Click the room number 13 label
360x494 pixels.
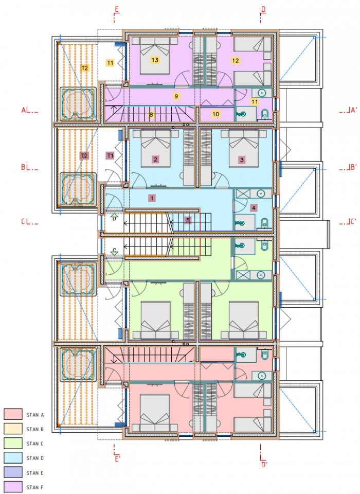[x=154, y=60]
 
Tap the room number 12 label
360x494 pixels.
[x=236, y=60]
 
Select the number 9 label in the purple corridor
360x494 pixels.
[x=176, y=96]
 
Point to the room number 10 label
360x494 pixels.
[x=215, y=114]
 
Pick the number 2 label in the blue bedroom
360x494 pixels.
[x=155, y=160]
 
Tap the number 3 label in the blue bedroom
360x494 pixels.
[x=242, y=160]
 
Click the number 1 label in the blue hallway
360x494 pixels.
[x=151, y=197]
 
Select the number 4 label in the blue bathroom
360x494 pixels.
[x=254, y=208]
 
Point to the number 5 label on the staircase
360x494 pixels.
[x=187, y=220]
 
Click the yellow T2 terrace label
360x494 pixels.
[x=85, y=68]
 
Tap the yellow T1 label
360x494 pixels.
[x=110, y=63]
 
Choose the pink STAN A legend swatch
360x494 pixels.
[x=13, y=414]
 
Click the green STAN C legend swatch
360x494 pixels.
[x=13, y=443]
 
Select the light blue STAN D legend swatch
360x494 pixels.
[x=13, y=457]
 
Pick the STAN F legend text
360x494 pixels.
[x=35, y=486]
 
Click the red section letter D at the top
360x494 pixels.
[x=263, y=9]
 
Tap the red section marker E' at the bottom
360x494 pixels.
[x=117, y=458]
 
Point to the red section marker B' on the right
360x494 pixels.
[x=351, y=167]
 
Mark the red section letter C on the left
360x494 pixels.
[x=24, y=222]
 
